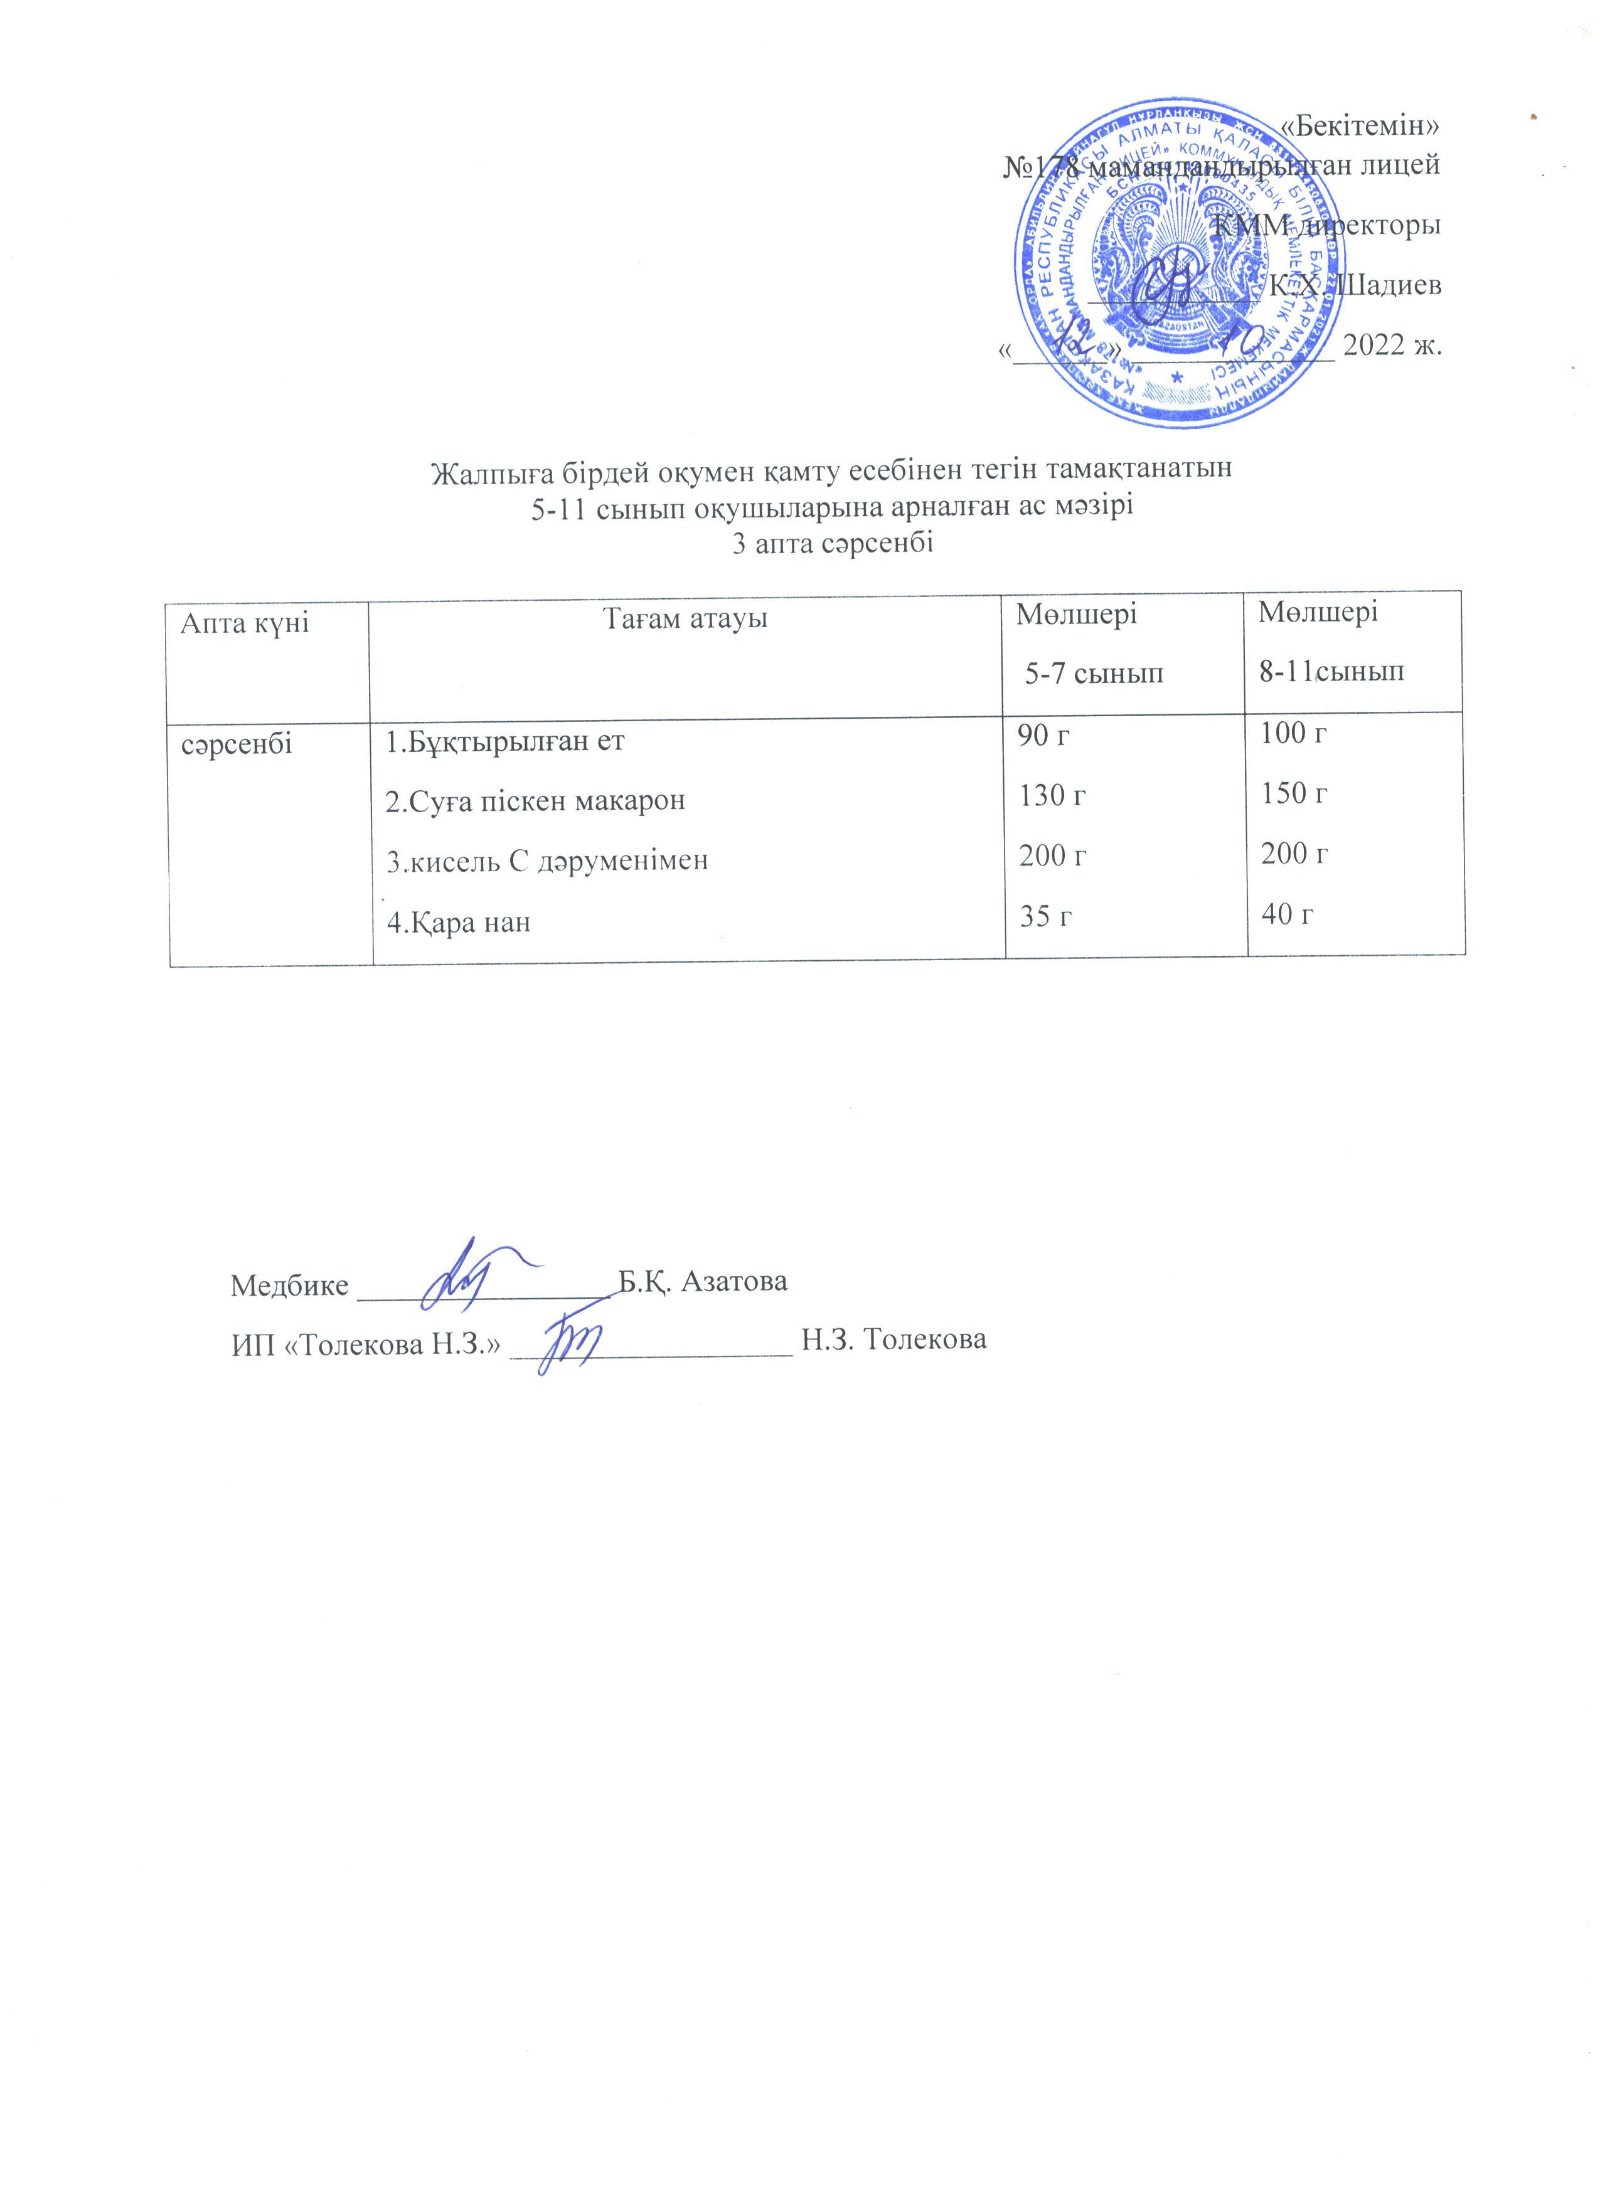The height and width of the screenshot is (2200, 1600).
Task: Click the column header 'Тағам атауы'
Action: coord(686,618)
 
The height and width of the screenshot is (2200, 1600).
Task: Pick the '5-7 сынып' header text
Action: coord(1096,673)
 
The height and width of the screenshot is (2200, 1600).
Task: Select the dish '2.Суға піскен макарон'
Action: coord(536,801)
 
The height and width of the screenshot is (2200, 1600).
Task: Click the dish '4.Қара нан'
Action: coord(459,921)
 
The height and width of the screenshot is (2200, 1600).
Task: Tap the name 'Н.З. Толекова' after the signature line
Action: coord(893,1340)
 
